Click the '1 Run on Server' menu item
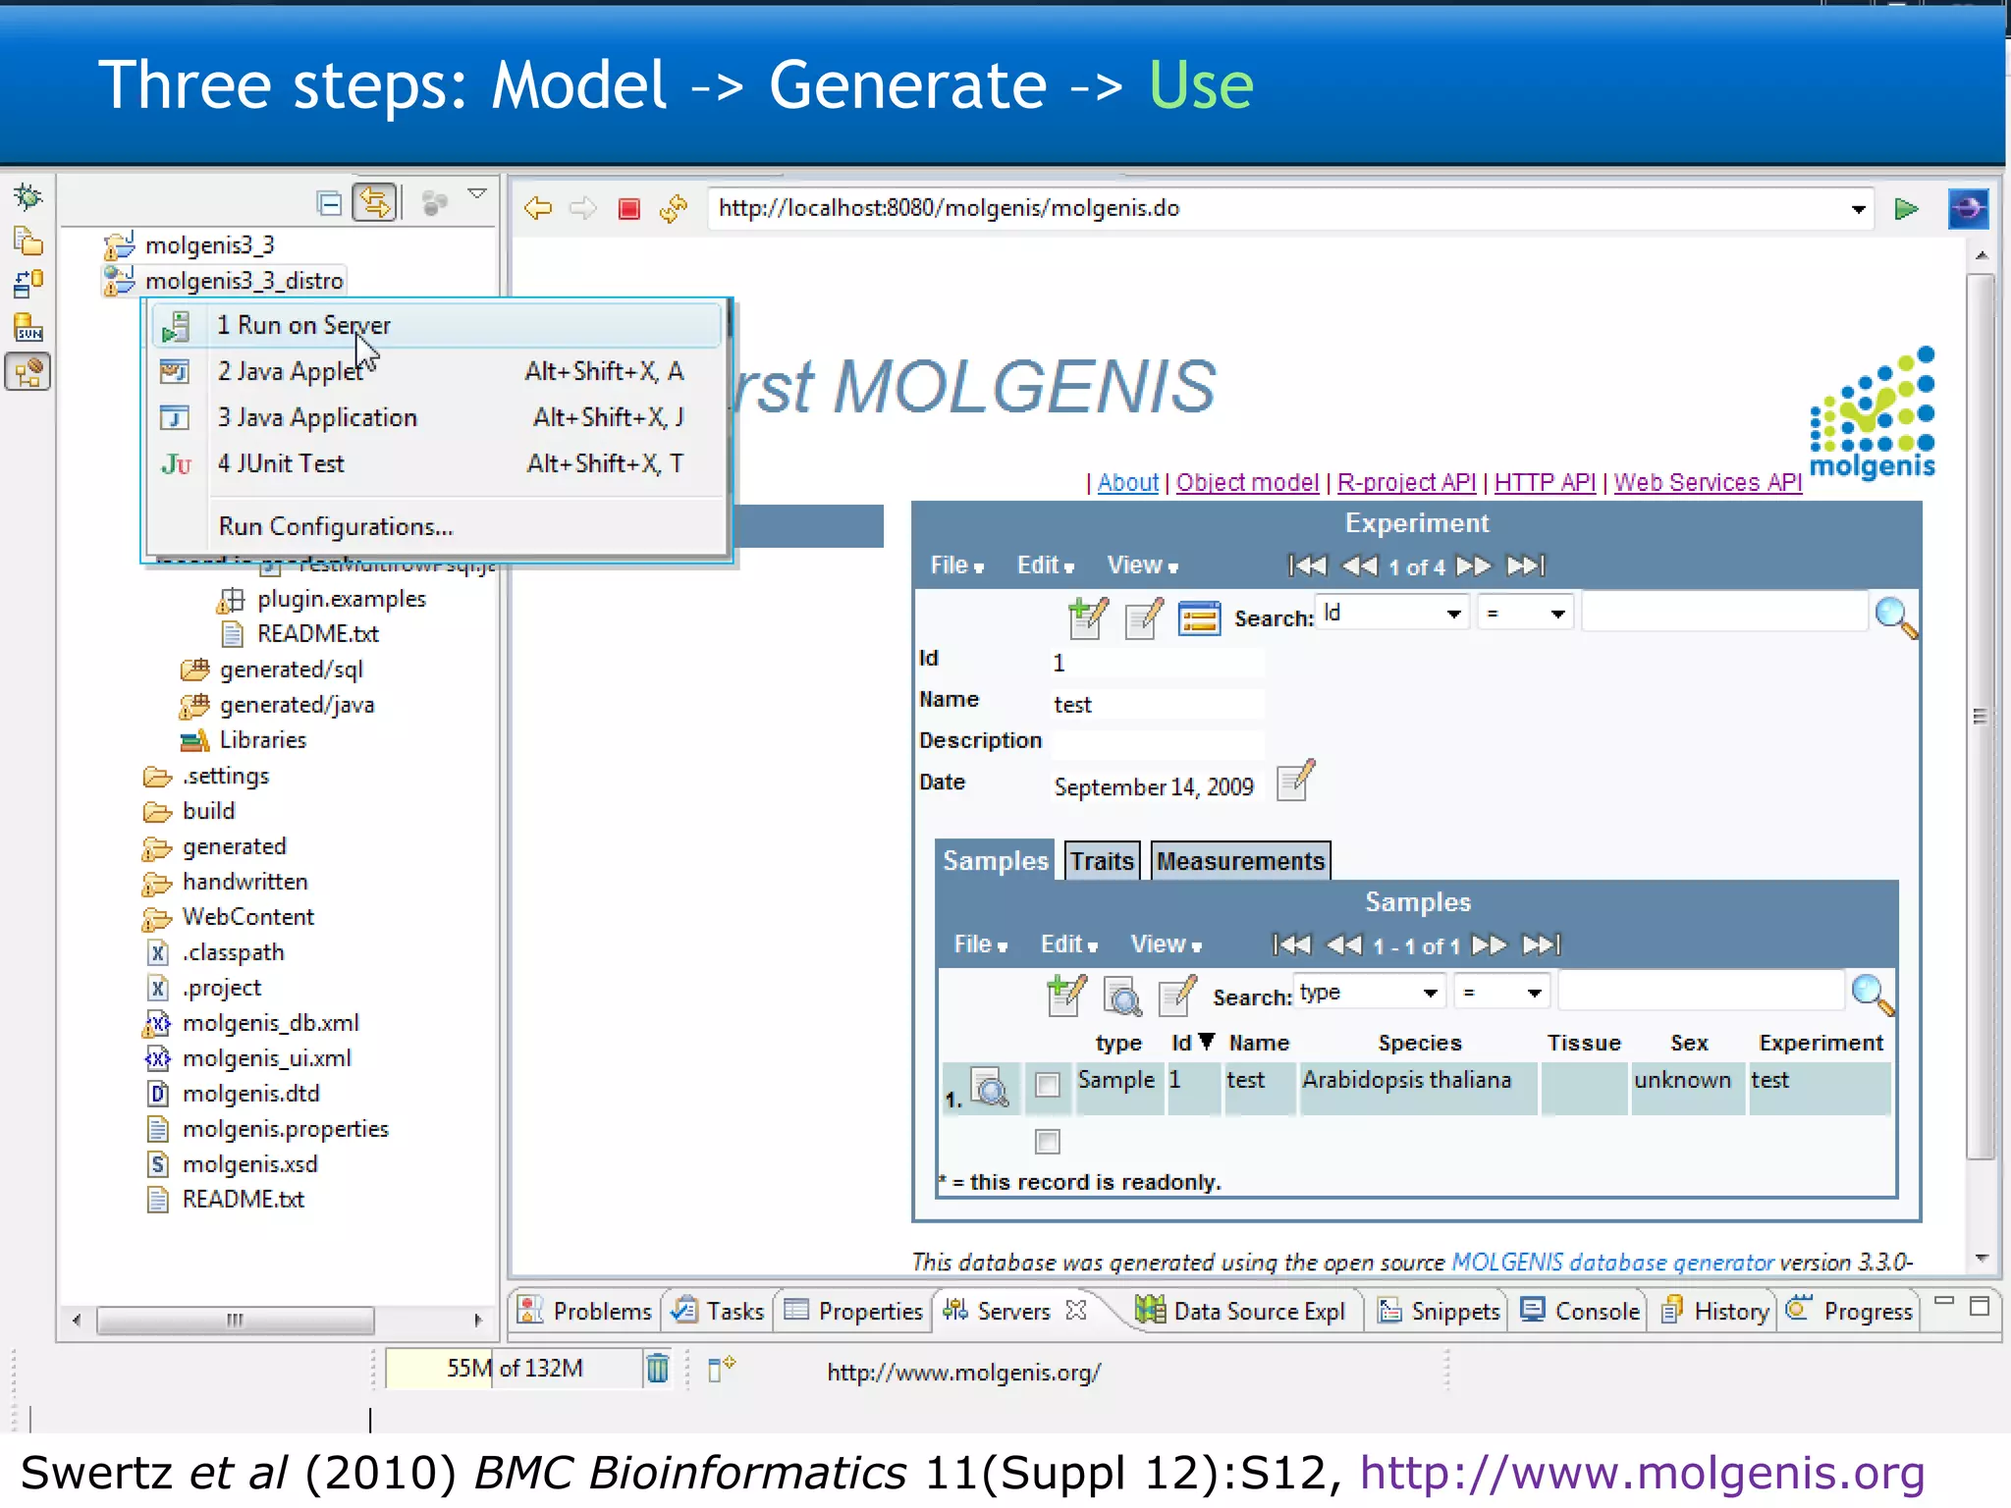pyautogui.click(x=304, y=325)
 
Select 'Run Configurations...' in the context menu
pyautogui.click(x=335, y=526)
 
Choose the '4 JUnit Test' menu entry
pyautogui.click(x=281, y=463)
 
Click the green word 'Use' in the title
pyautogui.click(x=1200, y=85)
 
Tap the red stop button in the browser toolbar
pyautogui.click(x=628, y=208)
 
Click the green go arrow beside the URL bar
pyautogui.click(x=1906, y=208)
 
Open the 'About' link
pyautogui.click(x=1127, y=482)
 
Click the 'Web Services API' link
pyautogui.click(x=1707, y=482)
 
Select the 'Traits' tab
pyautogui.click(x=1102, y=861)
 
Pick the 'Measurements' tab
pyautogui.click(x=1240, y=861)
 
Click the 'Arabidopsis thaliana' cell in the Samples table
pyautogui.click(x=1406, y=1080)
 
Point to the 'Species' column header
pyautogui.click(x=1419, y=1043)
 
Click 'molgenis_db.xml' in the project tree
pyautogui.click(x=270, y=1023)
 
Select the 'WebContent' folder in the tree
pyautogui.click(x=247, y=917)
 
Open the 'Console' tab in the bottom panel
pyautogui.click(x=1596, y=1312)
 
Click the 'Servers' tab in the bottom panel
pyautogui.click(x=1012, y=1312)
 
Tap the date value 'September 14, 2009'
pyautogui.click(x=1153, y=787)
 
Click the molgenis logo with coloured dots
pyautogui.click(x=1872, y=412)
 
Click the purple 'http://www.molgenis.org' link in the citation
pyautogui.click(x=1641, y=1473)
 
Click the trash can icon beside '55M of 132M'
pyautogui.click(x=657, y=1368)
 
